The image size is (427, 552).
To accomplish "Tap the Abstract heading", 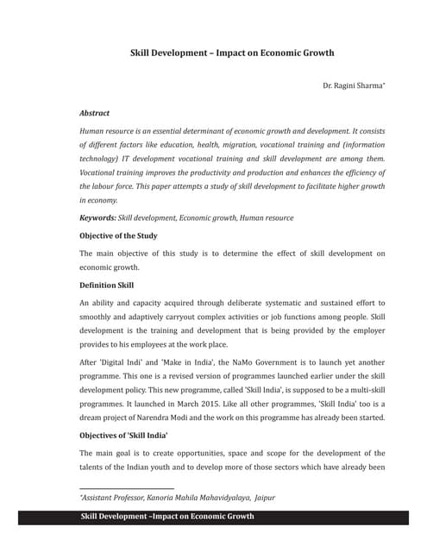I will pyautogui.click(x=94, y=113).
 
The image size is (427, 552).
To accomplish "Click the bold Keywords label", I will pyautogui.click(x=97, y=218).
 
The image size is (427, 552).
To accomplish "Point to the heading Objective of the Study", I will pyautogui.click(x=118, y=235).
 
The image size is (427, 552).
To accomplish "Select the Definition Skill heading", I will pyautogui.click(x=106, y=285).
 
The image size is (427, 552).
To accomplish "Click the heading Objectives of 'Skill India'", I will pyautogui.click(x=123, y=436).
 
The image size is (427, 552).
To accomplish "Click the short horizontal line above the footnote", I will pyautogui.click(x=127, y=488).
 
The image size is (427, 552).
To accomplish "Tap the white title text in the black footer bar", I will pyautogui.click(x=166, y=517).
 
